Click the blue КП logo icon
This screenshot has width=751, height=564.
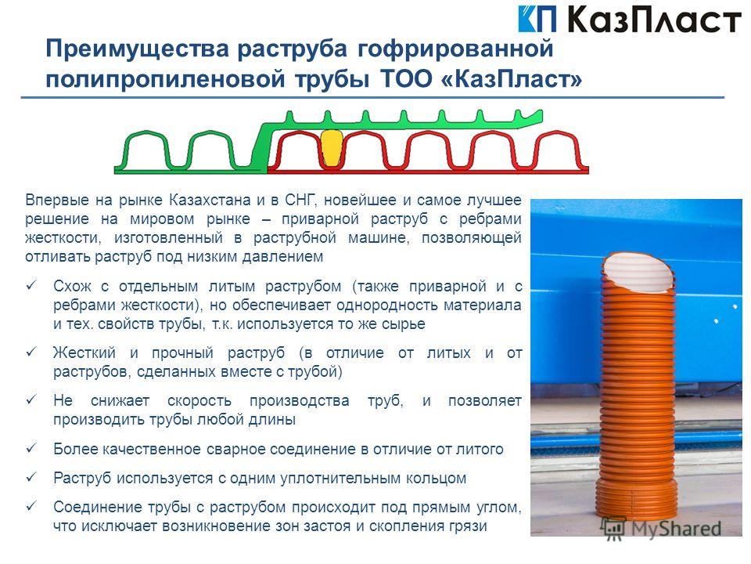pos(537,19)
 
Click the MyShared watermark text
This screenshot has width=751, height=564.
pos(675,529)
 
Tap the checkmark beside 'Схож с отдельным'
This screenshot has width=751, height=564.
pos(31,285)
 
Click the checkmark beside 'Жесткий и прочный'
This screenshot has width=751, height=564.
pos(31,352)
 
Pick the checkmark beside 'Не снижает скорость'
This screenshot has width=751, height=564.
pos(31,399)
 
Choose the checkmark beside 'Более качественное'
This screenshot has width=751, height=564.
pos(31,447)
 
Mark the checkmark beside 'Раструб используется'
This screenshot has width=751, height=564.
pos(31,477)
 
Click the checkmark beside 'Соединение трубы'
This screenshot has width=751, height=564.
pos(31,505)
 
